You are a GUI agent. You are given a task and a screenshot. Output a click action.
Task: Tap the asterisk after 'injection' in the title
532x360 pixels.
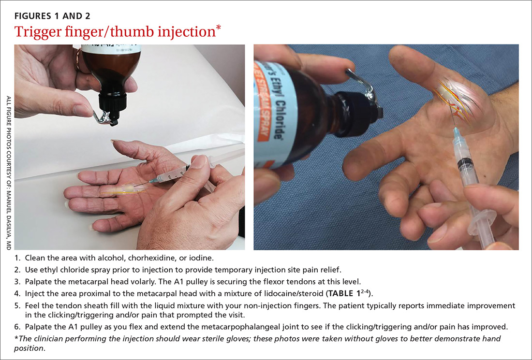pyautogui.click(x=218, y=28)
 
